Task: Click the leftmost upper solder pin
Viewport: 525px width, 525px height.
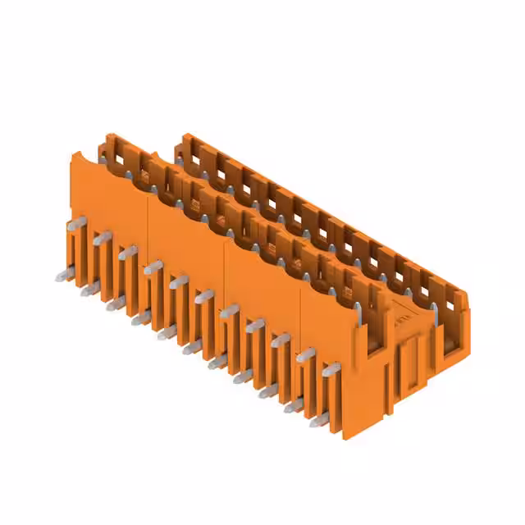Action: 74,222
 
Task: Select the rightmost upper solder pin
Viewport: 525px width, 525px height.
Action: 331,371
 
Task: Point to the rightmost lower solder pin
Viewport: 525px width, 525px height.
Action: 317,423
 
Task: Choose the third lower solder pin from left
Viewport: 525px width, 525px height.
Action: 114,304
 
